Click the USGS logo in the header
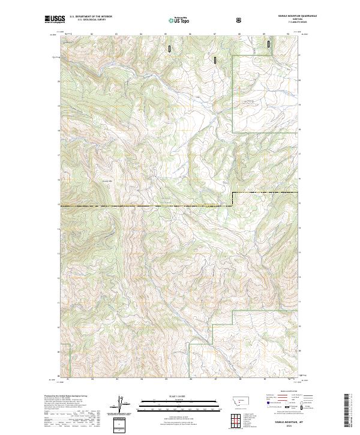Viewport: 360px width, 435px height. (55, 19)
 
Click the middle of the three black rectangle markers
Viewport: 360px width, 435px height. (215, 59)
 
